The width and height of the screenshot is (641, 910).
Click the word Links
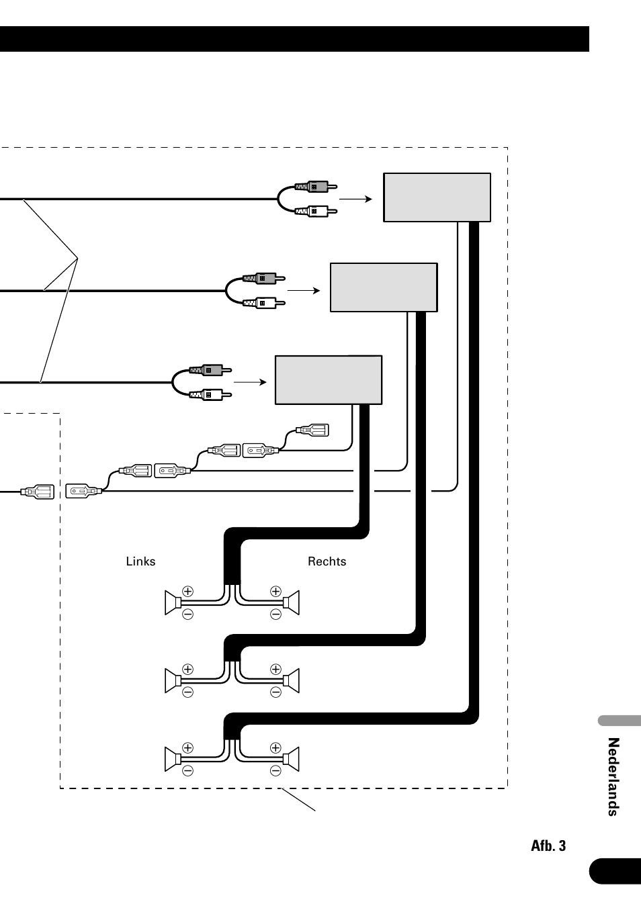140,561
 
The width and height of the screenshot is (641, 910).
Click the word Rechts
327,561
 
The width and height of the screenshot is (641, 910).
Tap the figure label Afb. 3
548,846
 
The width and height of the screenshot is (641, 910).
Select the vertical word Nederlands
613,777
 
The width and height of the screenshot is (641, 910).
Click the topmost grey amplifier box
437,197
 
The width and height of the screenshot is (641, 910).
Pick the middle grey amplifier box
384,287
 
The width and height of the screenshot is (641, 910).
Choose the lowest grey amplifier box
329,380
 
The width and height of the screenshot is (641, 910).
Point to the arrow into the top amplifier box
355,199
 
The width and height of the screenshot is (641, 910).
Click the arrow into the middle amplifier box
304,291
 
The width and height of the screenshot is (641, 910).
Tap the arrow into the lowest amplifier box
250,382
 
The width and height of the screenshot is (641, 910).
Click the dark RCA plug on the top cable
316,187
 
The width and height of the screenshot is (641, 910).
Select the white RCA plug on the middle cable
264,303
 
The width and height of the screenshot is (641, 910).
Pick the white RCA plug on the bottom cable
210,394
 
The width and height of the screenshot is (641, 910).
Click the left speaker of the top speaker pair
173,602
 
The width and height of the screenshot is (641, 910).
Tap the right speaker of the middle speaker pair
292,680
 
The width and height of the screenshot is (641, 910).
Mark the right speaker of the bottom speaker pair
292,759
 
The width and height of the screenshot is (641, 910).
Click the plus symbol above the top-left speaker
187,591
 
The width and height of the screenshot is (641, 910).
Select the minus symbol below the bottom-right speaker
275,771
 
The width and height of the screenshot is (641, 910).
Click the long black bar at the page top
295,39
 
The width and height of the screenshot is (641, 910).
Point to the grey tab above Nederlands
619,721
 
